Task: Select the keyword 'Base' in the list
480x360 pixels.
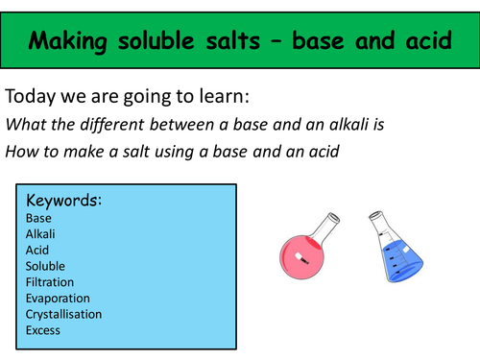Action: coord(39,218)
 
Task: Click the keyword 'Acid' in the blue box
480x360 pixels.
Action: coord(38,250)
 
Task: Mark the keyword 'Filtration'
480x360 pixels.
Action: coord(53,282)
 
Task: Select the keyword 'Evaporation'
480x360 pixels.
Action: coord(60,298)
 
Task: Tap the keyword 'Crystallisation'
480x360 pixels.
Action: coord(64,314)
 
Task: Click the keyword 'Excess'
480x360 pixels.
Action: coord(44,330)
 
